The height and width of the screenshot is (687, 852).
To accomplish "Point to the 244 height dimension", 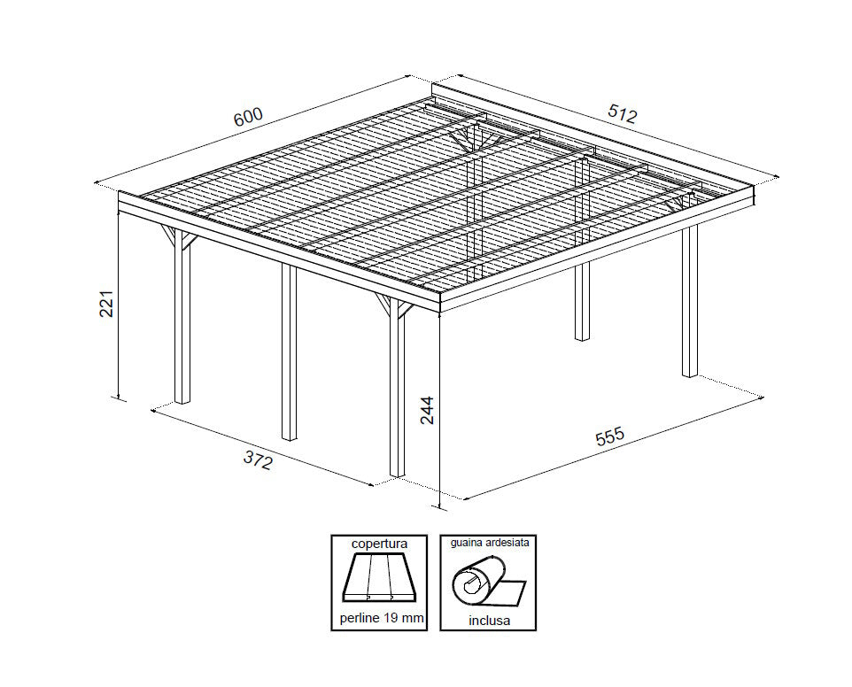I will pyautogui.click(x=428, y=410).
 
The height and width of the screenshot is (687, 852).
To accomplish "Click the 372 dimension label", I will pyautogui.click(x=258, y=460).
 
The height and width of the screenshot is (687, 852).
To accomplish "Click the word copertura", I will pyautogui.click(x=378, y=544).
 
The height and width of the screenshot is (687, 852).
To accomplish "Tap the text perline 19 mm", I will pyautogui.click(x=378, y=618).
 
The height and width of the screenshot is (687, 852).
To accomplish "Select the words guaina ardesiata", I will pyautogui.click(x=490, y=543).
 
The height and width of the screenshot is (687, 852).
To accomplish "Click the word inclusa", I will pyautogui.click(x=489, y=620).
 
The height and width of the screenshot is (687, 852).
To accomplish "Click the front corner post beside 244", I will pyautogui.click(x=397, y=398).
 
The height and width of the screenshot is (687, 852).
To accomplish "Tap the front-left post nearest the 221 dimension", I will pyautogui.click(x=182, y=328).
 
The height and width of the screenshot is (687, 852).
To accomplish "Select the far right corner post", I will pyautogui.click(x=689, y=301).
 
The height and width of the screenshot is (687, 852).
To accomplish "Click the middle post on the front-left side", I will pyautogui.click(x=289, y=354).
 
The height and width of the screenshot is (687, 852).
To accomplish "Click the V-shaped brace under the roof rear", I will pyautogui.click(x=466, y=139).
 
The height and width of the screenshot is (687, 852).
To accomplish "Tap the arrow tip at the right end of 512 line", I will pyautogui.click(x=776, y=178).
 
